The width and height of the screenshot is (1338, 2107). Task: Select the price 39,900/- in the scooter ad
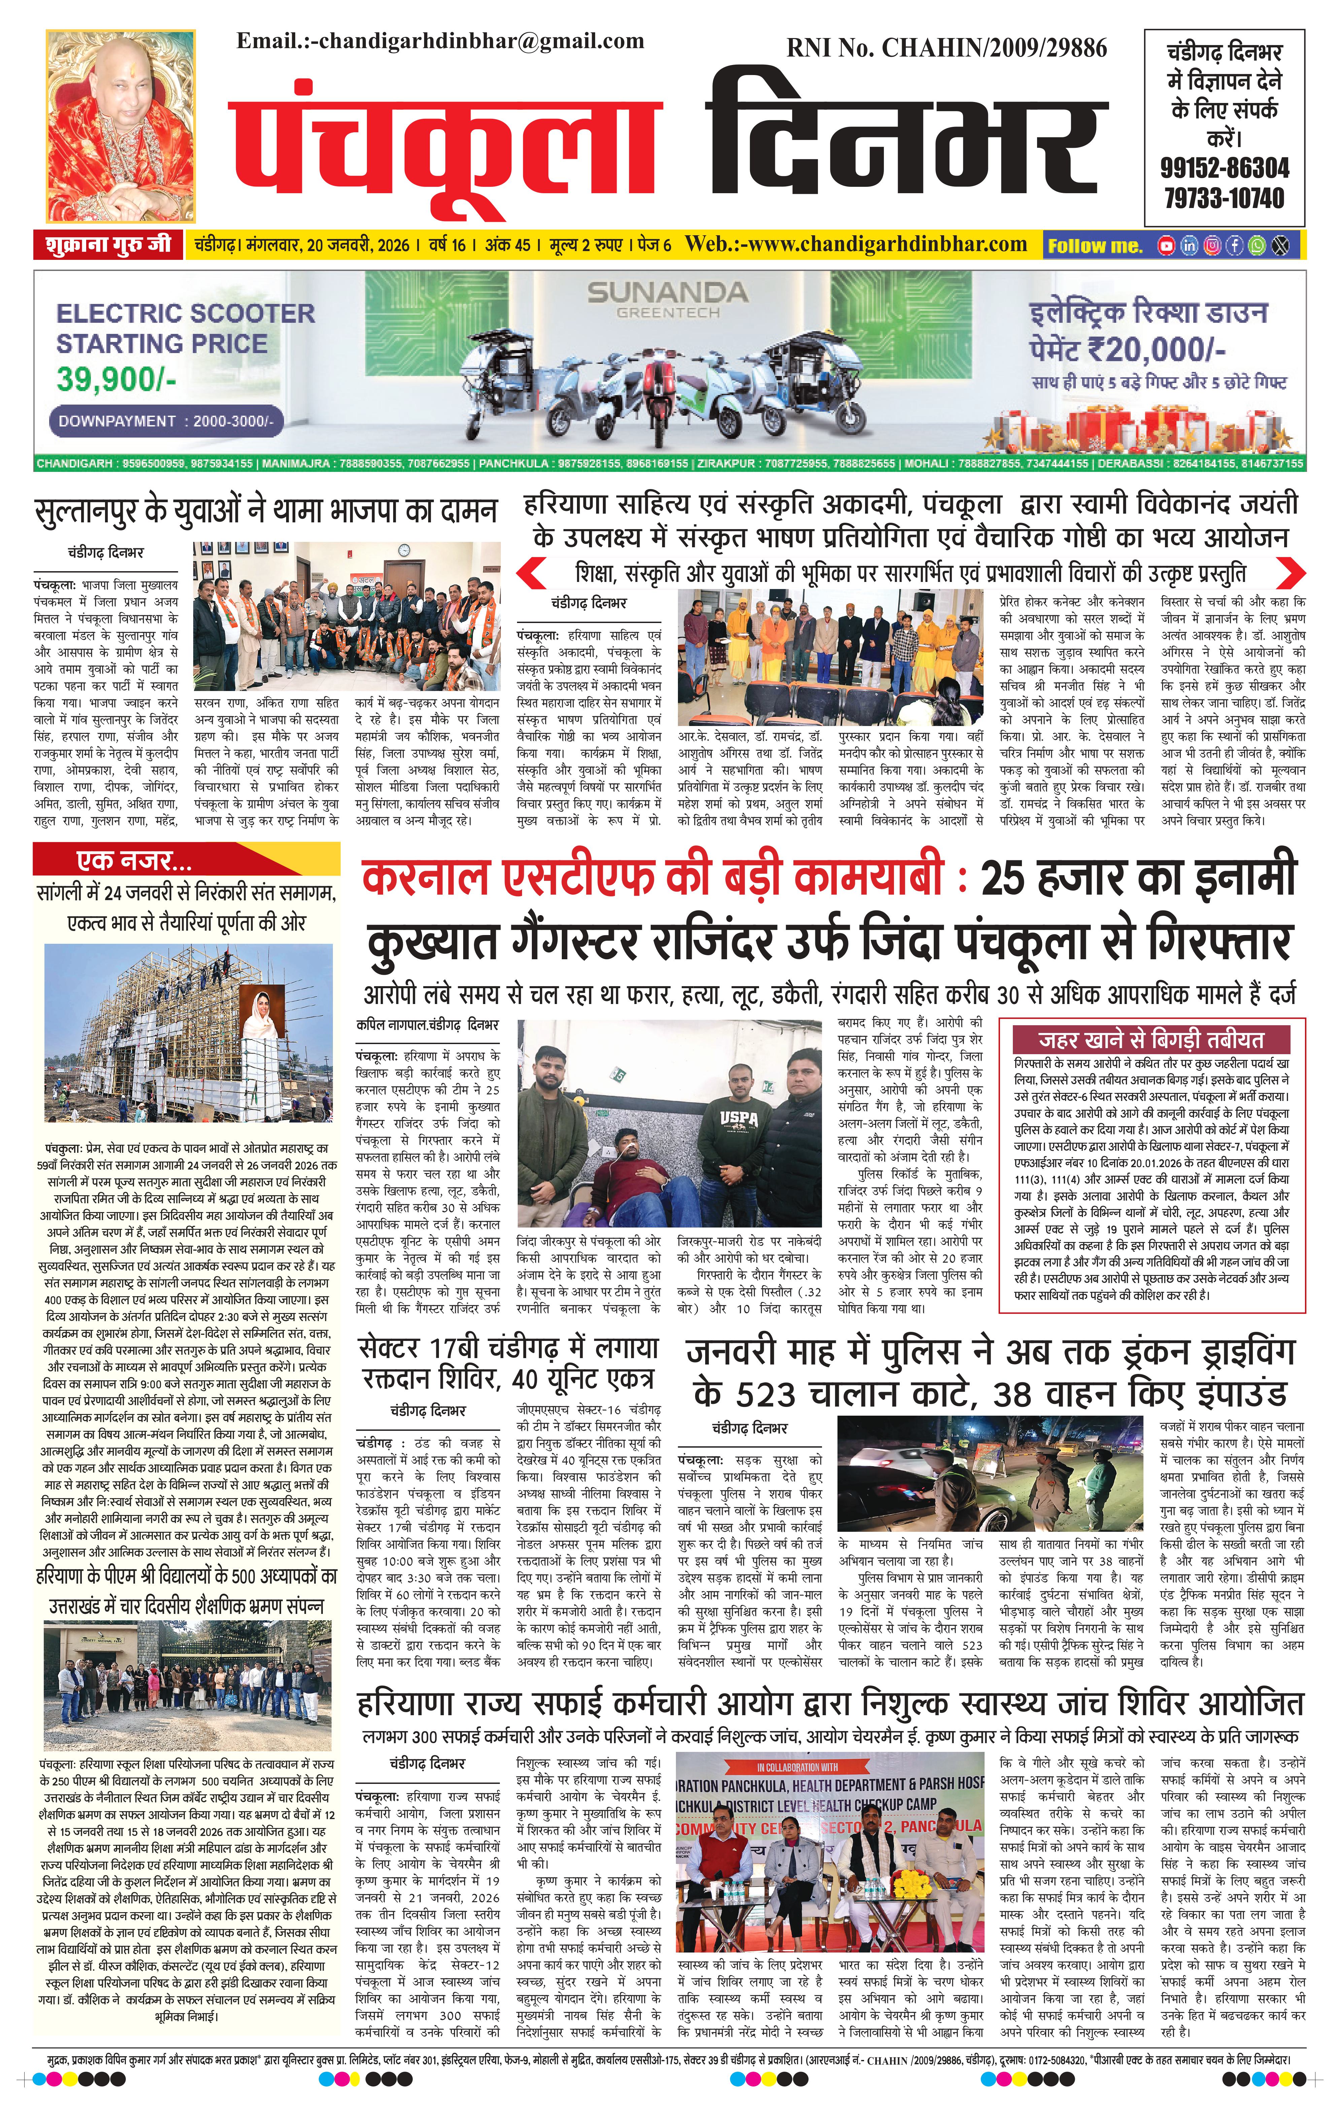click(x=116, y=379)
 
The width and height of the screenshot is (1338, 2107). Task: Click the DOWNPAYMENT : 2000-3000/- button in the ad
click(x=166, y=421)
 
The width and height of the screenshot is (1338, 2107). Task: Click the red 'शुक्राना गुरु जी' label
click(x=108, y=245)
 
